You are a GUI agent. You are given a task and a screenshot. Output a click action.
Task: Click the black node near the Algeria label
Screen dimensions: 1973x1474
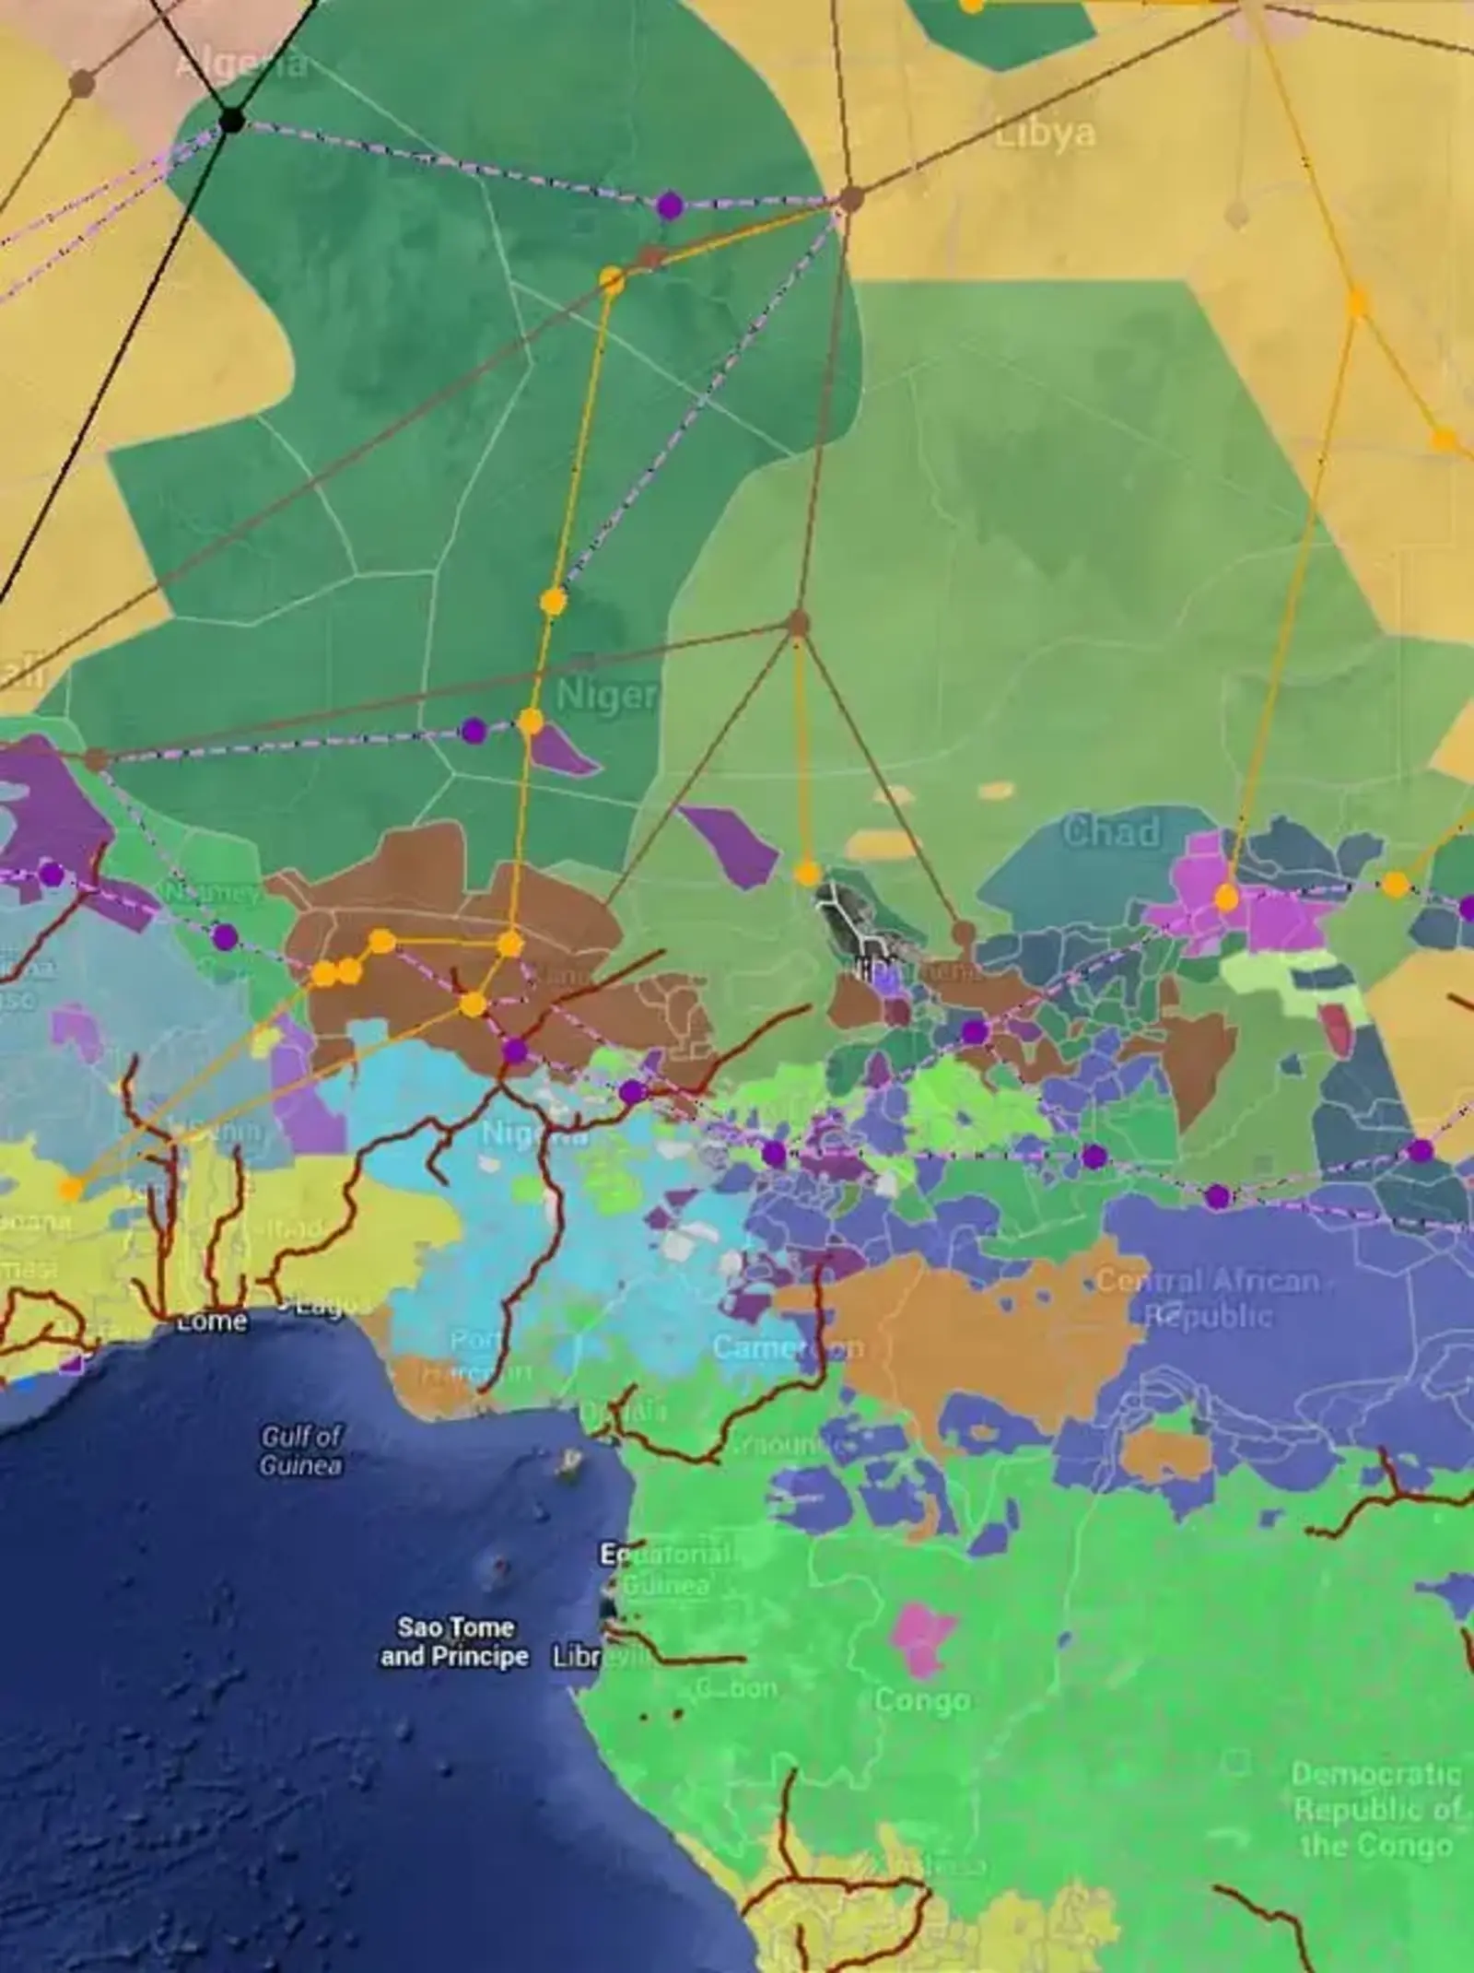pyautogui.click(x=231, y=120)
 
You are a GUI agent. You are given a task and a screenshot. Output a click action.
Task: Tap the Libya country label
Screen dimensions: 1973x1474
pyautogui.click(x=1046, y=134)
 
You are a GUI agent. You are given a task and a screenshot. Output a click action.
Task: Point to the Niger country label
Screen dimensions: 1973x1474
pyautogui.click(x=606, y=695)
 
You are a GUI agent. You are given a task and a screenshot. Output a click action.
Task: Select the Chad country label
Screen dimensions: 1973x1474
pyautogui.click(x=1111, y=831)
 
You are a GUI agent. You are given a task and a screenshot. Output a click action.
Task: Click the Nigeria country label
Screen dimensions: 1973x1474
pyautogui.click(x=534, y=1133)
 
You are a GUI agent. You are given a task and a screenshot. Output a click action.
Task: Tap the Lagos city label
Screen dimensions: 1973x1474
pyautogui.click(x=324, y=1304)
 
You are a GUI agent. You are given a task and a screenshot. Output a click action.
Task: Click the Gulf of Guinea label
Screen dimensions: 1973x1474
pyautogui.click(x=300, y=1450)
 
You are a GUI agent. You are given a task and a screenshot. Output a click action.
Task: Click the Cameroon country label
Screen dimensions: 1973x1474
pyautogui.click(x=788, y=1347)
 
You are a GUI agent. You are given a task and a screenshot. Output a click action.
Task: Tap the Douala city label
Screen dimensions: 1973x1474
pyautogui.click(x=636, y=1411)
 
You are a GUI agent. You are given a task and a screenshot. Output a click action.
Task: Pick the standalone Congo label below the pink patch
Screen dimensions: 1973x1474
pyautogui.click(x=921, y=1700)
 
